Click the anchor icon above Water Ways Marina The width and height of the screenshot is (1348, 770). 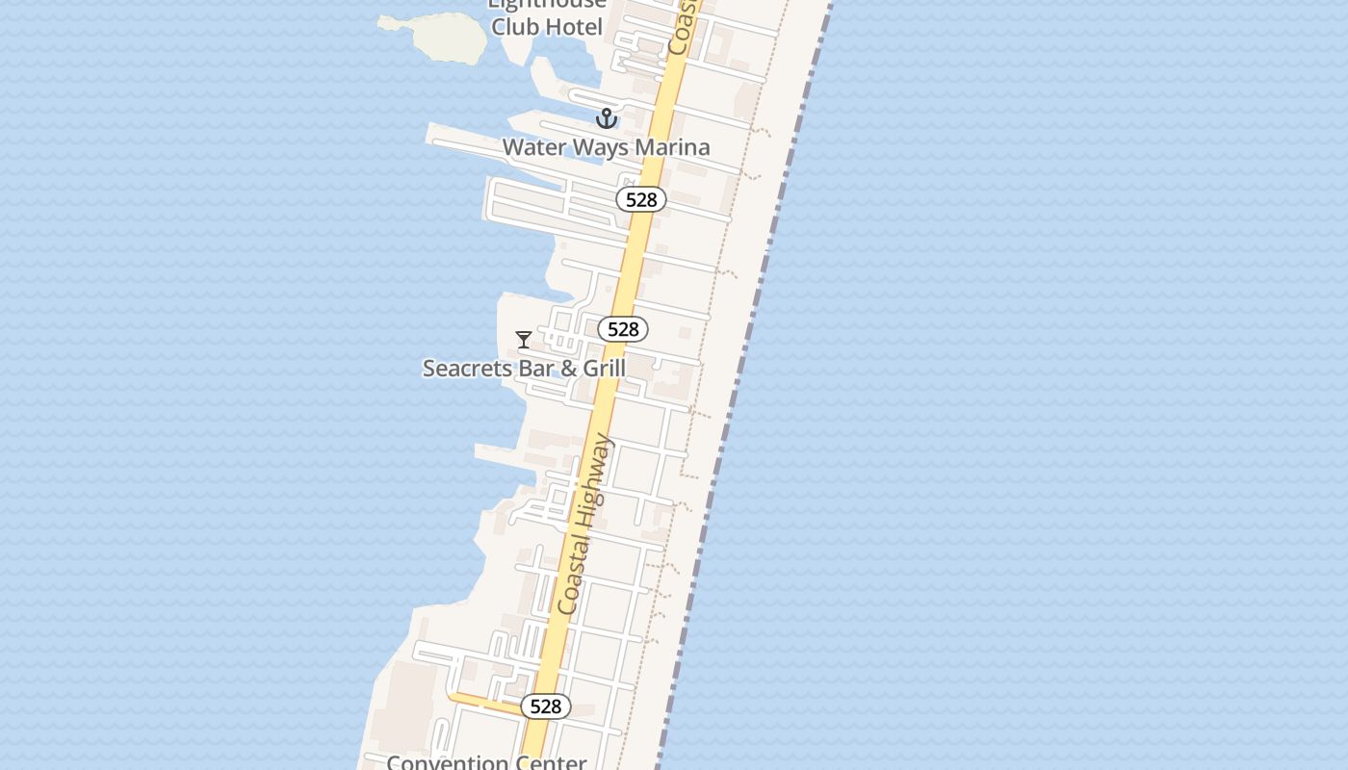click(x=606, y=118)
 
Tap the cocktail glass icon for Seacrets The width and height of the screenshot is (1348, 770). click(x=524, y=339)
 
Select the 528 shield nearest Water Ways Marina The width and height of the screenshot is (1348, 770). click(x=641, y=199)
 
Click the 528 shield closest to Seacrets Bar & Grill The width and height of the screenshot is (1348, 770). click(x=623, y=329)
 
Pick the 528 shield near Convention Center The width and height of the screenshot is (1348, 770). click(x=546, y=706)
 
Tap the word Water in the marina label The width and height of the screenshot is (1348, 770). click(x=532, y=147)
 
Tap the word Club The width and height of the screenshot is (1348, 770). click(x=515, y=26)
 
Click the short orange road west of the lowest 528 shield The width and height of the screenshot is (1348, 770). click(x=482, y=702)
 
